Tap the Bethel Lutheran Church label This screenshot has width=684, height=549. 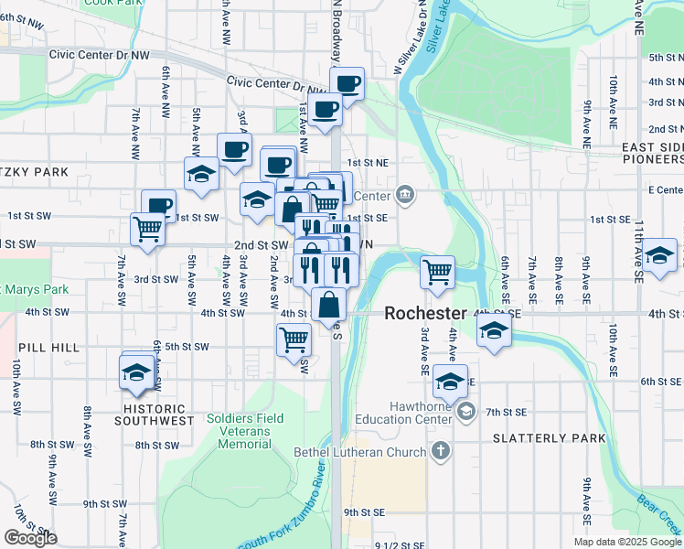(x=360, y=452)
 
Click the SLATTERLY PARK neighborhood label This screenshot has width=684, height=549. (x=549, y=438)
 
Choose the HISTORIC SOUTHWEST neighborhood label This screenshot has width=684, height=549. (x=155, y=414)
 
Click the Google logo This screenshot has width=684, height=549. (x=30, y=538)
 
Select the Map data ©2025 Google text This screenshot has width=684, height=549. (x=627, y=542)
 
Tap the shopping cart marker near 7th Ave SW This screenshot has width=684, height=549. (x=147, y=229)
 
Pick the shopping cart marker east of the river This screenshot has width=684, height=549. (x=438, y=270)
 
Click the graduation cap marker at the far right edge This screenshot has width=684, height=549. (x=659, y=255)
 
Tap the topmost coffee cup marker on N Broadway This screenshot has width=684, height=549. (x=347, y=83)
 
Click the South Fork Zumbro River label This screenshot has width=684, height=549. (x=283, y=512)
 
